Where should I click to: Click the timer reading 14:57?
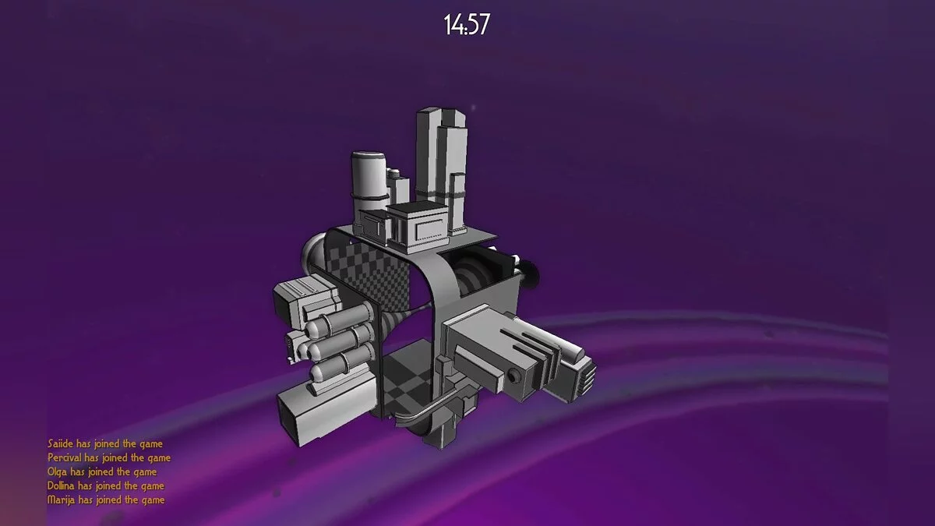pos(466,24)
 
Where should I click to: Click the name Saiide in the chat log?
pos(60,443)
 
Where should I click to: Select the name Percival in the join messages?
pos(65,458)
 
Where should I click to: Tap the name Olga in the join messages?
pos(57,472)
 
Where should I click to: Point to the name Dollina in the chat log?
pos(61,486)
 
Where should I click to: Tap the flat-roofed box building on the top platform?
pos(418,228)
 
